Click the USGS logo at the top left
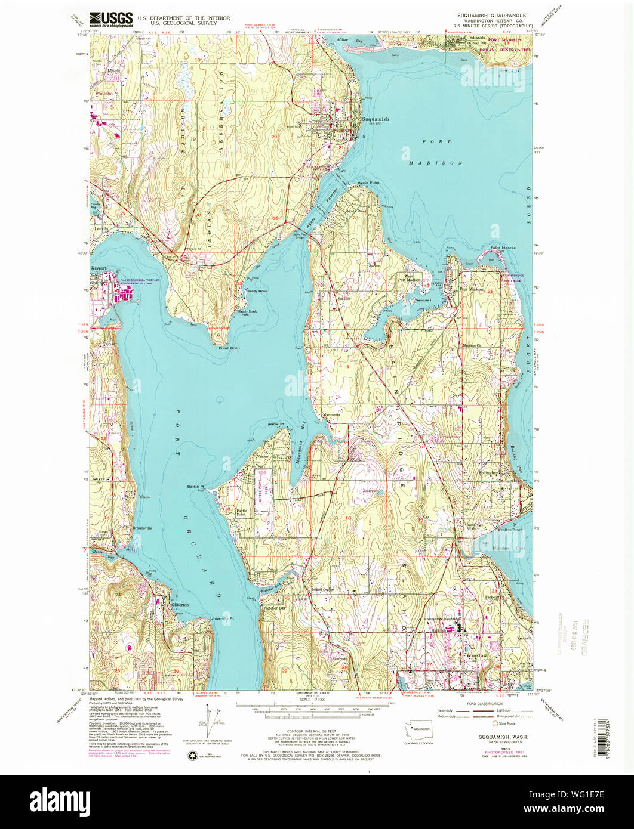[111, 20]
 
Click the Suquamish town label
[375, 119]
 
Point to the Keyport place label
[99, 268]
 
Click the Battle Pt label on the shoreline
[195, 487]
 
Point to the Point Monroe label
[503, 248]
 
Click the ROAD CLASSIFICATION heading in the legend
[484, 704]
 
